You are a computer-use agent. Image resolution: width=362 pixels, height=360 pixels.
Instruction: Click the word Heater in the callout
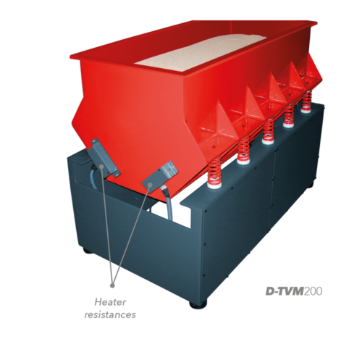110,302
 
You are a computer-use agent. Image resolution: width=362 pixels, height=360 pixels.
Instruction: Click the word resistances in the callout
110,314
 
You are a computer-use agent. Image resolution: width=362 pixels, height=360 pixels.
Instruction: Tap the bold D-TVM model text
285,291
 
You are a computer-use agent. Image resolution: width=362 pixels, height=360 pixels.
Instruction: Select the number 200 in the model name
313,291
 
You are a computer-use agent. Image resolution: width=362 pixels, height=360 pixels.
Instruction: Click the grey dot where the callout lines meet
112,285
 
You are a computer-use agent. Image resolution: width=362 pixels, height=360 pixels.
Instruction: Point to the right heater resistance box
159,177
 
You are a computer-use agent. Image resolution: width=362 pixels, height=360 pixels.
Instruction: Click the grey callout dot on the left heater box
101,167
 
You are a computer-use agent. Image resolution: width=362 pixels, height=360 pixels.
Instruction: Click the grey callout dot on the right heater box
150,185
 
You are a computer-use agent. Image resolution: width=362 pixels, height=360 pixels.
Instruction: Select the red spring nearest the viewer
214,172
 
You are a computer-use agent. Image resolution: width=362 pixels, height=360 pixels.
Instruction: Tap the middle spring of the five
268,131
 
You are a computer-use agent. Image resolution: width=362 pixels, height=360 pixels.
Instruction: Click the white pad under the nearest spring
214,185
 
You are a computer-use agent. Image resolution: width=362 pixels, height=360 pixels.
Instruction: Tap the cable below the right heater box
168,202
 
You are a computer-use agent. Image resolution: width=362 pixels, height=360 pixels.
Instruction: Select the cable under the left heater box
93,175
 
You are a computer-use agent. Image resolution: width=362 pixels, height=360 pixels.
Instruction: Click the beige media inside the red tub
201,52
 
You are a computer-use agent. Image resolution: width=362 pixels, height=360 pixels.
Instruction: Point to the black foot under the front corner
198,304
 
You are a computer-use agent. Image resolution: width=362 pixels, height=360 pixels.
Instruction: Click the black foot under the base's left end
88,251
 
